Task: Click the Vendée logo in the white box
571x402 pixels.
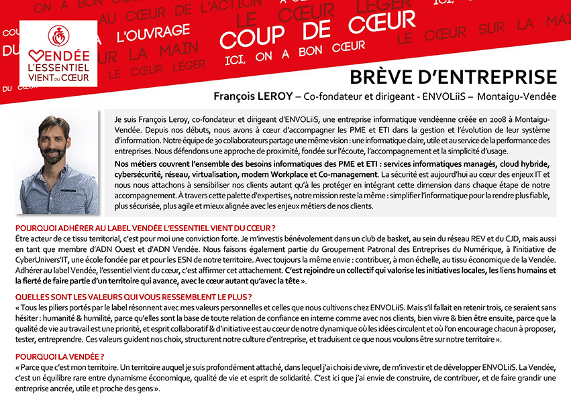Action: click(58, 54)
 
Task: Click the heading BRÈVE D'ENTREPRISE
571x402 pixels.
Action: click(454, 76)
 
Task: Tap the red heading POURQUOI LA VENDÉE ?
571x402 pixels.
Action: click(60, 356)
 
